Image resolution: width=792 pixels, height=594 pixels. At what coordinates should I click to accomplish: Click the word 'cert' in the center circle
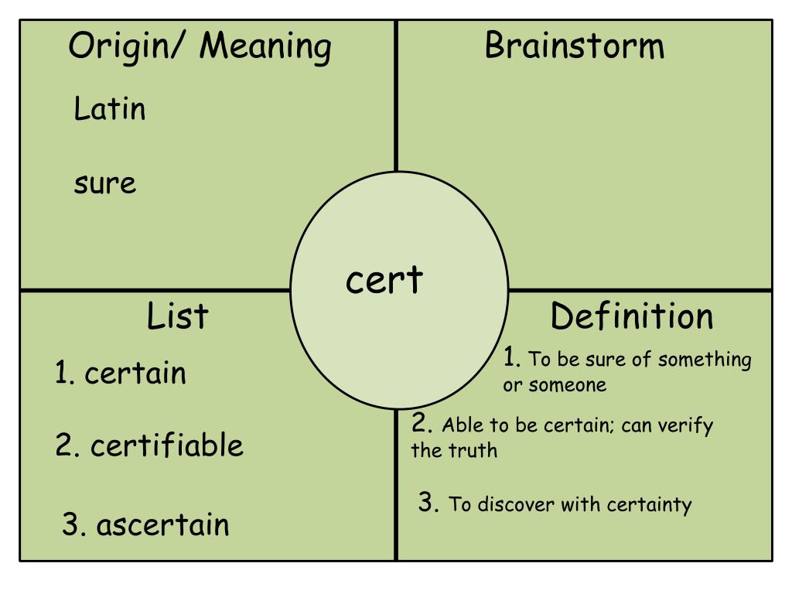[x=384, y=280]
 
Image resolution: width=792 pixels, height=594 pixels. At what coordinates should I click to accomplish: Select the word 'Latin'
[x=110, y=108]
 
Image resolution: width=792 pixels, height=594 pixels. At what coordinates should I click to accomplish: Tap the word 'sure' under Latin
[x=105, y=184]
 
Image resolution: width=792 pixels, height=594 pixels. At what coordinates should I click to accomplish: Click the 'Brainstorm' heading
[x=575, y=46]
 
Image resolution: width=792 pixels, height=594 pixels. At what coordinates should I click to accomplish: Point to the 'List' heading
[x=177, y=316]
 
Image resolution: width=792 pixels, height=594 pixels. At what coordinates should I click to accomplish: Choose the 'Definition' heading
[x=632, y=316]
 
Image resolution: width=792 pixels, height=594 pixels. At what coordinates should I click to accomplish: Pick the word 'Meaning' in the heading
[x=266, y=47]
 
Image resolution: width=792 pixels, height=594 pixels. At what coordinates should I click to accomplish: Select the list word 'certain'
[x=135, y=374]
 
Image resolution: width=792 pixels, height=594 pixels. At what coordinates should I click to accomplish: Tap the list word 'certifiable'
[x=167, y=445]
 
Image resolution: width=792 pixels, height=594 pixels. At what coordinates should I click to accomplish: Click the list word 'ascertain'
[x=162, y=525]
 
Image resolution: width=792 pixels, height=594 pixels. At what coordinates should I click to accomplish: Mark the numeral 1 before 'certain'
[x=62, y=373]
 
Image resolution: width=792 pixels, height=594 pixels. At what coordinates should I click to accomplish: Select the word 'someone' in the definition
[x=567, y=385]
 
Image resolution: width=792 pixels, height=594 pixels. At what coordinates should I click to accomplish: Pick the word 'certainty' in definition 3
[x=649, y=505]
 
